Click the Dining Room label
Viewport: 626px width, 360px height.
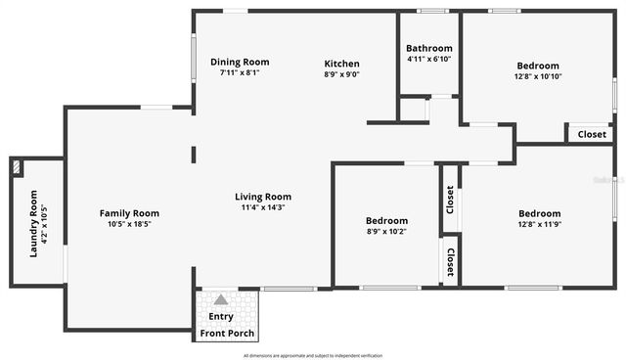click(240, 62)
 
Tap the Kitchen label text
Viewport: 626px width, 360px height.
click(342, 64)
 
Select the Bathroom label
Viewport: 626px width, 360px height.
click(429, 48)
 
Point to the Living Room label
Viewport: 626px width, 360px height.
click(262, 196)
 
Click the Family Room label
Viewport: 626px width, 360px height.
click(129, 213)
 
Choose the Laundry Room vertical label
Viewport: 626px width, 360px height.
click(33, 223)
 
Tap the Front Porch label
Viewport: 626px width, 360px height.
click(227, 334)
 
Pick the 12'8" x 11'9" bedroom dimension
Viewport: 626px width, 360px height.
click(539, 224)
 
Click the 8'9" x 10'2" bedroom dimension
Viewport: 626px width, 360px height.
click(386, 232)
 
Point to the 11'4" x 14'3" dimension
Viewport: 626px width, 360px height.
click(262, 207)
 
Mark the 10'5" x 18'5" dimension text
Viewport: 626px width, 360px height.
click(129, 224)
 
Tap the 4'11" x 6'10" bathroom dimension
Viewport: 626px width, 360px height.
click(429, 59)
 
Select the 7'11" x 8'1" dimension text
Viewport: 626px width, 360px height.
click(240, 72)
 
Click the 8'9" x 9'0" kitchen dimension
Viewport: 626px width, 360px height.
click(342, 74)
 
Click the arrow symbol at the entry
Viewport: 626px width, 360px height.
click(221, 300)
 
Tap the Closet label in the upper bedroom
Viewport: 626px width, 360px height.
click(592, 134)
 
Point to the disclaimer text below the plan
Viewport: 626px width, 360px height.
click(312, 354)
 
